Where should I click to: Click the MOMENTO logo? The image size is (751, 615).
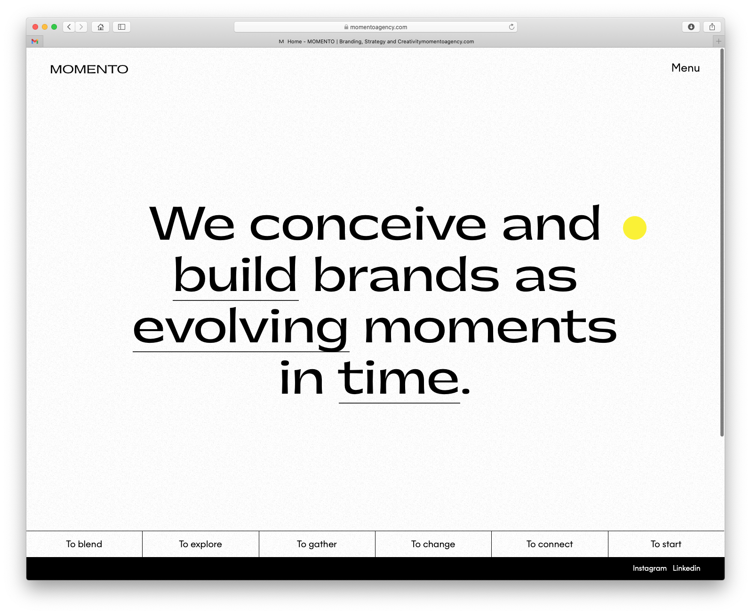tap(89, 69)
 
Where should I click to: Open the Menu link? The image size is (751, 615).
tap(685, 68)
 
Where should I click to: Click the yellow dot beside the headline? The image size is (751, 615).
tap(635, 228)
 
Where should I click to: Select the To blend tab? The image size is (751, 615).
tap(84, 544)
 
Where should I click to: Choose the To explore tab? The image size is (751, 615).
tap(200, 544)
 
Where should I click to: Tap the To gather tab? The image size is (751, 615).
tap(317, 544)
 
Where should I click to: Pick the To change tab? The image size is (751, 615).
tap(433, 544)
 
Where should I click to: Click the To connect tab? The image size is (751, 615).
tap(550, 544)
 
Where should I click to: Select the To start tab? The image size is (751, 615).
tap(666, 544)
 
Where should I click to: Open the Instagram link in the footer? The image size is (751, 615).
tap(649, 568)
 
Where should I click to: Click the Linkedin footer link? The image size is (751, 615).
tap(686, 568)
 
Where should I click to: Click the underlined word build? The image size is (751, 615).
tap(235, 275)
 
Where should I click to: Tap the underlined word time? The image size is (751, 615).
tap(399, 379)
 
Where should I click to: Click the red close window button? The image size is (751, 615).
tap(35, 27)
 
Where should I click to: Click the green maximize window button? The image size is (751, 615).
tap(54, 27)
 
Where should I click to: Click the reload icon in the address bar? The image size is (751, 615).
tap(511, 27)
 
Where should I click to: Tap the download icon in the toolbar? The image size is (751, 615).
tap(691, 27)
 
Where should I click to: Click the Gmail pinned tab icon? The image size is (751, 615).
tap(34, 41)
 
